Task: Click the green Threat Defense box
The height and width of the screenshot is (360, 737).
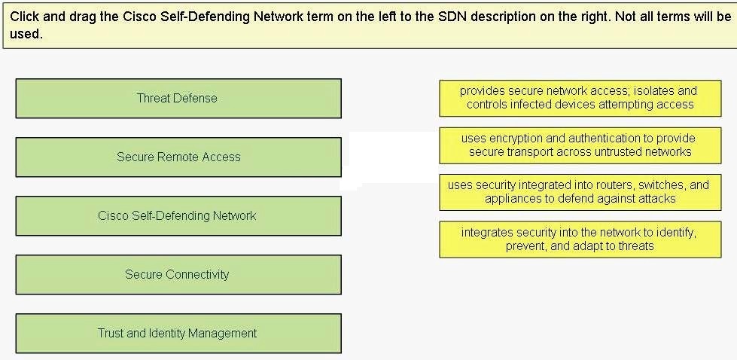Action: pyautogui.click(x=178, y=98)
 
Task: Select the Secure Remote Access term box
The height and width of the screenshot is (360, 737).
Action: pyautogui.click(x=178, y=157)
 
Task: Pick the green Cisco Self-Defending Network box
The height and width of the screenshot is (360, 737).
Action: pyautogui.click(x=178, y=215)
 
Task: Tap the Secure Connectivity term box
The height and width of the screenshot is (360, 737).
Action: pyautogui.click(x=178, y=274)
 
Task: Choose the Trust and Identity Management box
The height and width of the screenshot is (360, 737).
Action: pyautogui.click(x=178, y=333)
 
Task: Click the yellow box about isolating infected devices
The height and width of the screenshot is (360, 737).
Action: pyautogui.click(x=580, y=98)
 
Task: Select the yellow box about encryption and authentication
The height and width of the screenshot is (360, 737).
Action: pyautogui.click(x=580, y=145)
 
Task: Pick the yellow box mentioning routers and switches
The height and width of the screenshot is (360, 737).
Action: pyautogui.click(x=580, y=192)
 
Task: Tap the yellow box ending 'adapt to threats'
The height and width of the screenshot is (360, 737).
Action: pyautogui.click(x=580, y=239)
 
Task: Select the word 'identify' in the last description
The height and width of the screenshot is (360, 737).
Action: pyautogui.click(x=672, y=233)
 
